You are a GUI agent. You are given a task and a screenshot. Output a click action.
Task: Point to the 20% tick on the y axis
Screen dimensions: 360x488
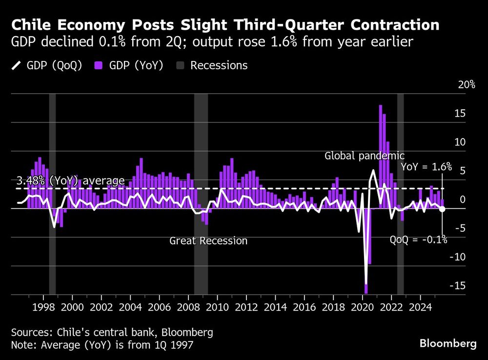pyautogui.click(x=466, y=85)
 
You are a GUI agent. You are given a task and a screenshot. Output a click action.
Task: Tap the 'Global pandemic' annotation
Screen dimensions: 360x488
pyautogui.click(x=365, y=156)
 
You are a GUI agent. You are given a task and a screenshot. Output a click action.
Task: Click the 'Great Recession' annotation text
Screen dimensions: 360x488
pyautogui.click(x=208, y=241)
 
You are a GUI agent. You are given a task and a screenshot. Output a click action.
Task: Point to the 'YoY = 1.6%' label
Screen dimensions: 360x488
pyautogui.click(x=427, y=167)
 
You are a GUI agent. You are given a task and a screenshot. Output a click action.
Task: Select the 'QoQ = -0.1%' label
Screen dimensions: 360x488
pyautogui.click(x=418, y=240)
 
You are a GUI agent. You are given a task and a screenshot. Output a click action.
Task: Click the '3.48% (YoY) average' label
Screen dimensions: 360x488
pyautogui.click(x=71, y=181)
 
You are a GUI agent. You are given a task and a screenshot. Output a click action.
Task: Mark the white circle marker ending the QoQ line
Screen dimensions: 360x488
pyautogui.click(x=442, y=209)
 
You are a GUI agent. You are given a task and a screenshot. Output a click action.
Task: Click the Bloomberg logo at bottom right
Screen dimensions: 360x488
pyautogui.click(x=448, y=344)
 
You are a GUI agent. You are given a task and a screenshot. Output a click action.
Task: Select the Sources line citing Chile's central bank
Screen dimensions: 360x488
pyautogui.click(x=112, y=333)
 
